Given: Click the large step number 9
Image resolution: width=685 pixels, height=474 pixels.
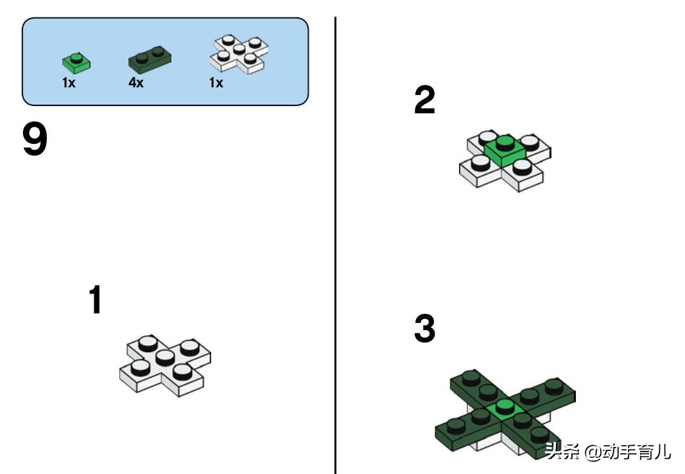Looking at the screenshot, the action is pyautogui.click(x=35, y=139).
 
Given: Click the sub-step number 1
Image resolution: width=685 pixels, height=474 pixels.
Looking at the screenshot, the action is pyautogui.click(x=96, y=299).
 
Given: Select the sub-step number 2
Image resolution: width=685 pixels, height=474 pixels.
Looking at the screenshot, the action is pyautogui.click(x=424, y=100).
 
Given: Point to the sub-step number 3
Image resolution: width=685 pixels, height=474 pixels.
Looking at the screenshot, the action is pyautogui.click(x=424, y=328).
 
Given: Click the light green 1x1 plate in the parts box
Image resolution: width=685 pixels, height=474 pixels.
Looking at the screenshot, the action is pyautogui.click(x=76, y=63).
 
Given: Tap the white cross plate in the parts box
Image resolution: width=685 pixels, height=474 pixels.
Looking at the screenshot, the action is pyautogui.click(x=239, y=54).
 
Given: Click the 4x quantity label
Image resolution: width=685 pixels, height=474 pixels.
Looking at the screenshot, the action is pyautogui.click(x=136, y=82).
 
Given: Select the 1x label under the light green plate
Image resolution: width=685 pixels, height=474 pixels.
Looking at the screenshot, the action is pyautogui.click(x=69, y=82).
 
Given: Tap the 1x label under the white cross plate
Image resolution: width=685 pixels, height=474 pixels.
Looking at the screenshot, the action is pyautogui.click(x=216, y=82).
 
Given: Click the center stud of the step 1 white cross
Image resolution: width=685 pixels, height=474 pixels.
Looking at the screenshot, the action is pyautogui.click(x=165, y=357).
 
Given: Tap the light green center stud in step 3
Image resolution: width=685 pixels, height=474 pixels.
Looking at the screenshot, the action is pyautogui.click(x=505, y=407).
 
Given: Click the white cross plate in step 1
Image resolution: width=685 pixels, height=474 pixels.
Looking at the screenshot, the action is pyautogui.click(x=165, y=366).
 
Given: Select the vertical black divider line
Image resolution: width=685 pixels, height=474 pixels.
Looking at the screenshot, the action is pyautogui.click(x=336, y=245).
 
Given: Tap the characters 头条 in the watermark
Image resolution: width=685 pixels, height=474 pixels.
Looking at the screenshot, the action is pyautogui.click(x=563, y=451).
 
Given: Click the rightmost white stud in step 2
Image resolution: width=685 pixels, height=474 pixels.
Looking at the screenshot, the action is pyautogui.click(x=530, y=142).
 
